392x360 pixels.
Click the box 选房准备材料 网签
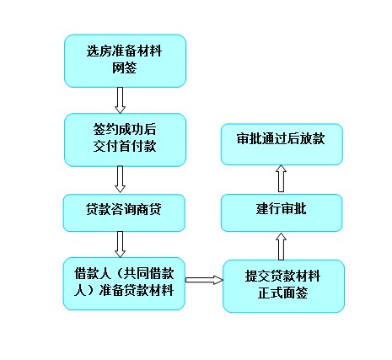click(x=125, y=61)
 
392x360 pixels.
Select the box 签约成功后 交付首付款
click(x=125, y=140)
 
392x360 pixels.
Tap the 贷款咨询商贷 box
click(x=124, y=212)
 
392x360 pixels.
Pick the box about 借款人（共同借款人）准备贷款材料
click(x=124, y=283)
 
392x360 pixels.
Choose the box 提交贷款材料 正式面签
click(x=283, y=286)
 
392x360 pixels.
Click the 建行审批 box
click(x=282, y=212)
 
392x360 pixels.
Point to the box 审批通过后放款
click(x=282, y=144)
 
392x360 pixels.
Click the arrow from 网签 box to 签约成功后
click(x=120, y=100)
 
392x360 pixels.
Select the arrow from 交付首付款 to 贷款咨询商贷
click(x=120, y=179)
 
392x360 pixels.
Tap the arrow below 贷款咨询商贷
click(x=120, y=244)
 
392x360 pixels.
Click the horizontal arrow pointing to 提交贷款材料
click(x=204, y=280)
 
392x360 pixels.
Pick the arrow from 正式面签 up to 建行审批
click(x=281, y=246)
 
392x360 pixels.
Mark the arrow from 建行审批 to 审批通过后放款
click(x=281, y=179)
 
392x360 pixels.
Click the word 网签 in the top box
click(x=125, y=67)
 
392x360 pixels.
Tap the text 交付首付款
click(x=125, y=146)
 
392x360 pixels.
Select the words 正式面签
click(x=282, y=293)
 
